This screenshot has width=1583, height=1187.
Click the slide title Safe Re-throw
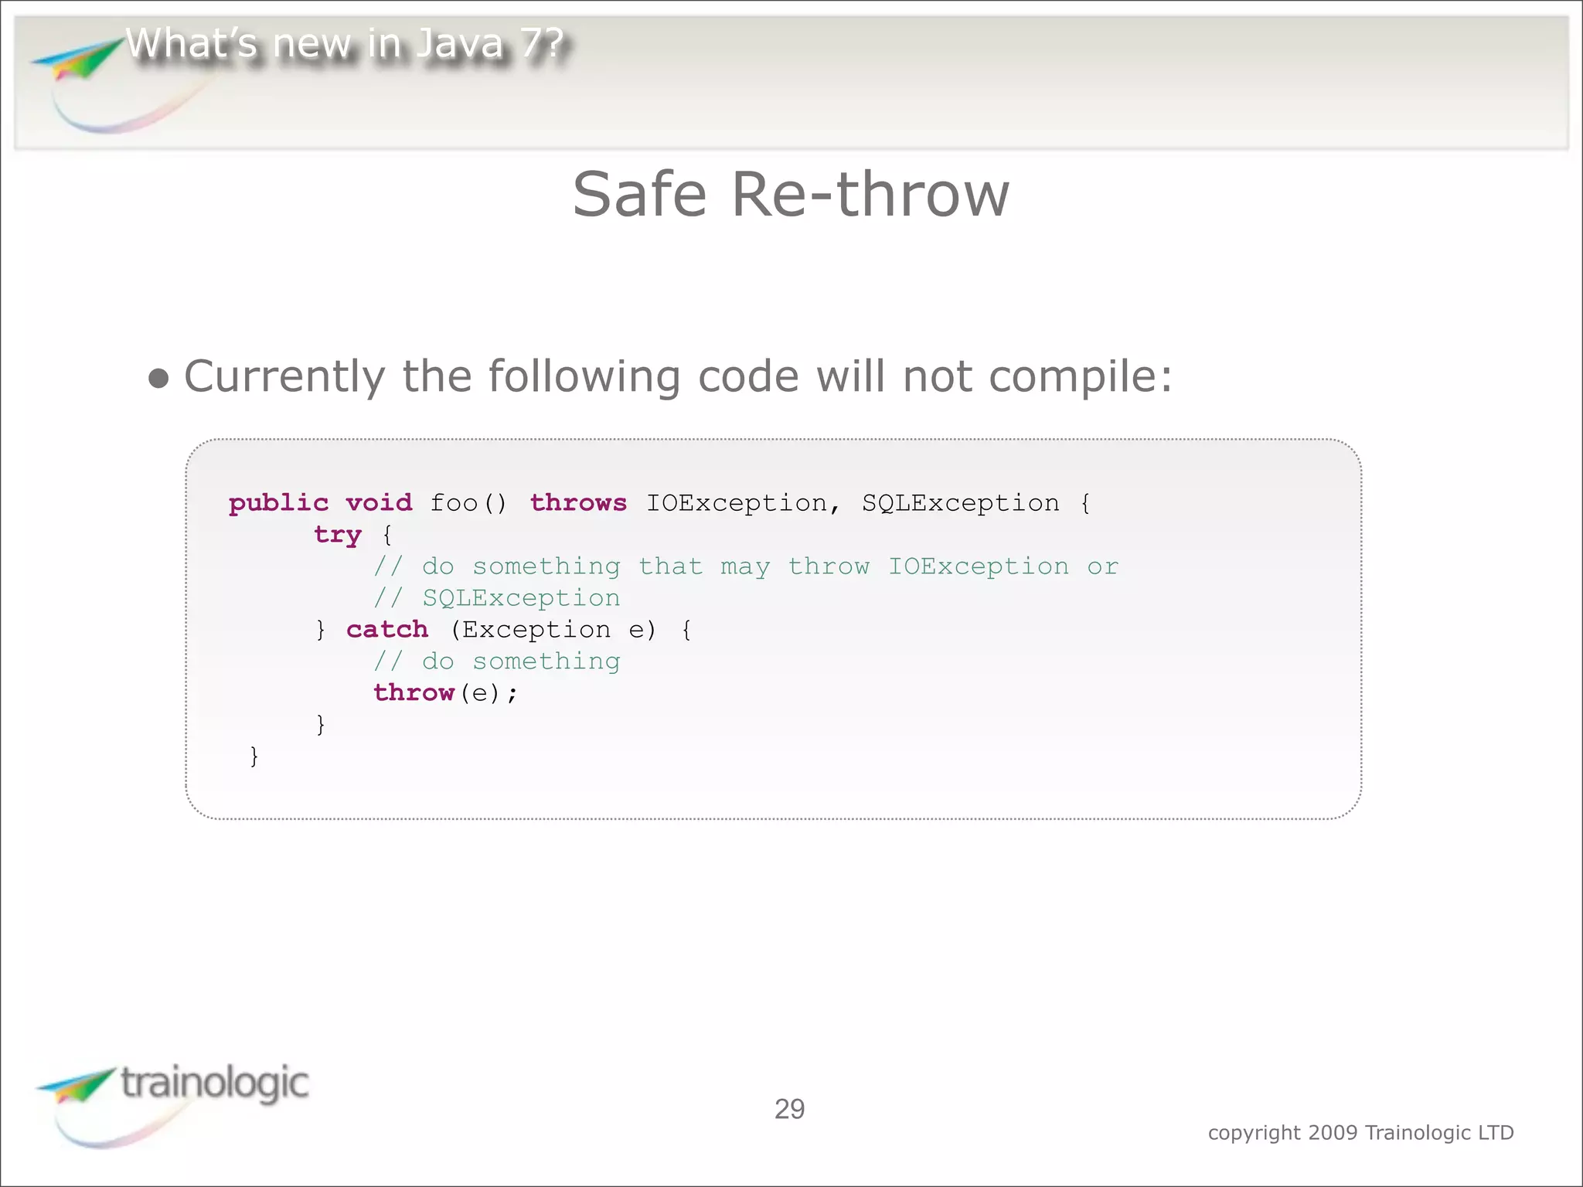coord(791,195)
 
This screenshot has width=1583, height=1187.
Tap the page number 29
coord(789,1109)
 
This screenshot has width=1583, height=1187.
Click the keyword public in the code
coord(278,504)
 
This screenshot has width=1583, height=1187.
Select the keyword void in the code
coord(379,503)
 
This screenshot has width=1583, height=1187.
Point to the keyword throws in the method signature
coord(578,503)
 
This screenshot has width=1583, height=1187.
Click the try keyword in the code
coord(338,535)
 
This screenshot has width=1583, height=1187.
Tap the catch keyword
coord(386,630)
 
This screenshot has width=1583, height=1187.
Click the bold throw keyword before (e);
coord(414,693)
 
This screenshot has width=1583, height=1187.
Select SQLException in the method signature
coord(960,503)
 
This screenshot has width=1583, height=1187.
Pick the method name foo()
coord(468,504)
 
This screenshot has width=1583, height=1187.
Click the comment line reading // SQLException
coord(497,598)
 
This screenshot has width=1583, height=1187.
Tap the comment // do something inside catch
coord(497,662)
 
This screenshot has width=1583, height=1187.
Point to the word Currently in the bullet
coord(284,377)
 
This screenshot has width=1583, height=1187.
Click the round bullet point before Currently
coord(158,379)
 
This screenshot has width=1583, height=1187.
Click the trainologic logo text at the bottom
coord(215,1083)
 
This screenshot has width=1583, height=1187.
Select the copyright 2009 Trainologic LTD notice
coord(1360,1133)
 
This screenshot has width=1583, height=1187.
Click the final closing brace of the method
coord(254,756)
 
